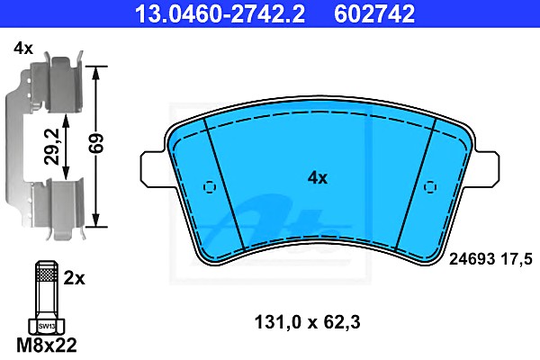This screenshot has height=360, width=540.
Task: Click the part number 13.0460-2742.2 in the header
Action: tap(220, 13)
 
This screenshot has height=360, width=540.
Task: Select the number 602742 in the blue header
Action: tap(374, 13)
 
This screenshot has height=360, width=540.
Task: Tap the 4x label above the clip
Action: tap(23, 49)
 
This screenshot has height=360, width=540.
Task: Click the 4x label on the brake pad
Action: tap(317, 178)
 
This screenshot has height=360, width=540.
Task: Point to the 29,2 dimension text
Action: tap(53, 147)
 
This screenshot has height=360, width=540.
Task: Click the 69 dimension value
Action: tap(95, 143)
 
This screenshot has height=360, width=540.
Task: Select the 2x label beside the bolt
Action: tap(74, 278)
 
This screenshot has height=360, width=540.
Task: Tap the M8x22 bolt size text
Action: tap(47, 346)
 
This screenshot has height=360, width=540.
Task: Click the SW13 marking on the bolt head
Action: tap(47, 326)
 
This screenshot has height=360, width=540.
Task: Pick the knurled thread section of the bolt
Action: tap(47, 274)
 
